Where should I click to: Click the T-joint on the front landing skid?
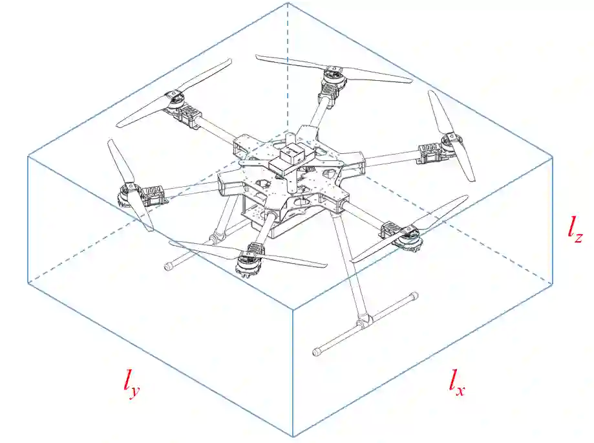[363, 319]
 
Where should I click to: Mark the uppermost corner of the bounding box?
[287, 3]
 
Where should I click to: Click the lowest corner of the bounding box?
[294, 437]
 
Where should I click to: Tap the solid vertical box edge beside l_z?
[553, 220]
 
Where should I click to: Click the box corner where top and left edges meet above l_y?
[28, 157]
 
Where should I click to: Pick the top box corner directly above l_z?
[553, 156]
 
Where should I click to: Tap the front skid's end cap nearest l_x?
[317, 352]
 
